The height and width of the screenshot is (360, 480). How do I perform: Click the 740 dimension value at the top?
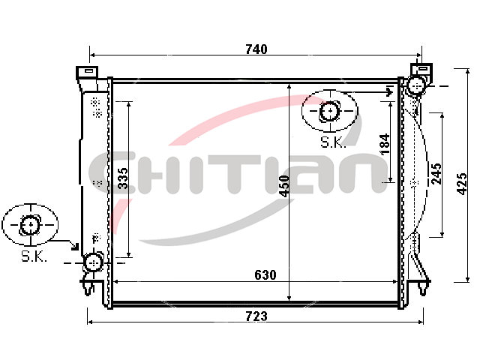pos(256,49)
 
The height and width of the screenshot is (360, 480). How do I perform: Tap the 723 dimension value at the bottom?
pos(256,316)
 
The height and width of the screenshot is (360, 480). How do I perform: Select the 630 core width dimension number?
pos(265,275)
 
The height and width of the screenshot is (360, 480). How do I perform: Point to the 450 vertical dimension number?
pos(284,186)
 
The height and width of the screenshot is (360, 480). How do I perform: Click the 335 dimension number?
pos(123,178)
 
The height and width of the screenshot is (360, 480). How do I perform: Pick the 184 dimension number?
pos(385,144)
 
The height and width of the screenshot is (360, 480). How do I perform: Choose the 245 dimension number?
pos(436,173)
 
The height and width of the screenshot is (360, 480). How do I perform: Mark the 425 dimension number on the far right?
pos(462,184)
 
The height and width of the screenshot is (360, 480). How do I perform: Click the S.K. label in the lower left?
pos(34,256)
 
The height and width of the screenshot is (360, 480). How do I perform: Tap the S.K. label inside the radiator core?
pos(333,142)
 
